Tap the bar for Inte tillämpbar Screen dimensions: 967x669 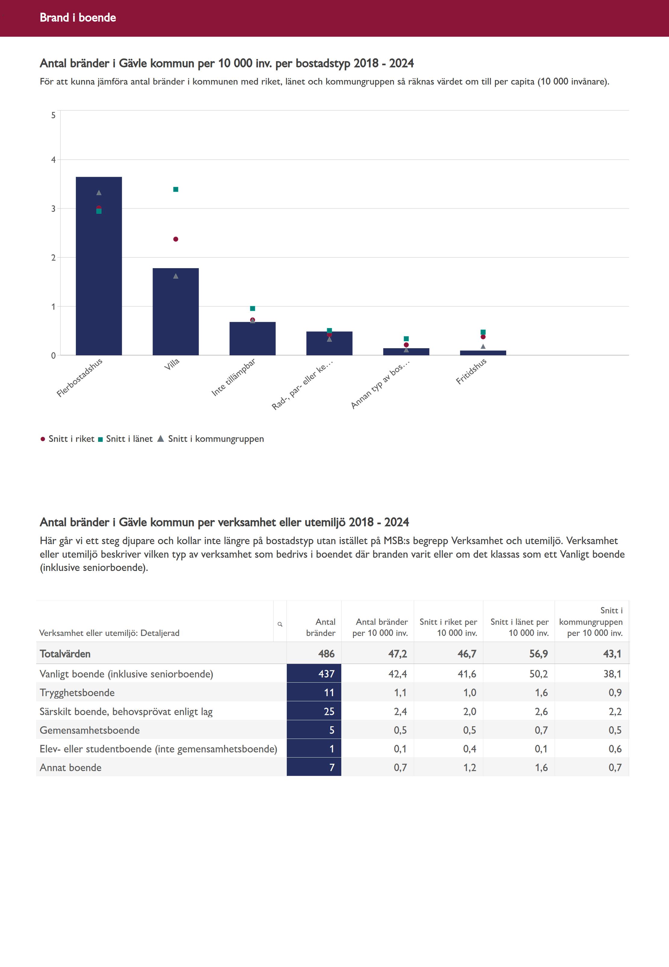(252, 339)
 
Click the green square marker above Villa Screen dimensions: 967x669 (176, 190)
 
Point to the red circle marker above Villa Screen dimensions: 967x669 (176, 239)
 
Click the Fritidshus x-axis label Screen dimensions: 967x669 (471, 371)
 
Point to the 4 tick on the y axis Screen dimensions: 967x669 (53, 160)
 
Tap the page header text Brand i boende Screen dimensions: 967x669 (78, 17)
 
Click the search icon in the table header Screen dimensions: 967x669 (280, 624)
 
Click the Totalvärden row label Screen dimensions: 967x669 (65, 654)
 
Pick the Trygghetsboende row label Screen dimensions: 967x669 (77, 693)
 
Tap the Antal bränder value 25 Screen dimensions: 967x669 (329, 711)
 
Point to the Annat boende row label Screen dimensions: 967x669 (70, 767)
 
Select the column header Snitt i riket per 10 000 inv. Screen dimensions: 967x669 (448, 627)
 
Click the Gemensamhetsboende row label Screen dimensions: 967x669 (90, 730)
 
